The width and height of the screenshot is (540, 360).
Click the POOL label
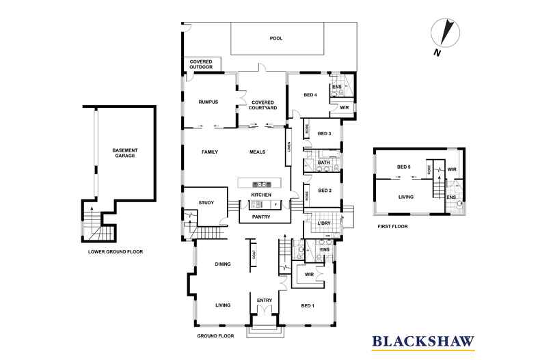pos(276,39)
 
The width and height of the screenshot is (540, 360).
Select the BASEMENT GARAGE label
pos(125,153)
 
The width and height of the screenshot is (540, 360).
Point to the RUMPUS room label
pos(208,102)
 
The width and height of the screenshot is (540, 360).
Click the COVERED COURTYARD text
pos(262,105)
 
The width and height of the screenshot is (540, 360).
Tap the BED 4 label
pos(310,95)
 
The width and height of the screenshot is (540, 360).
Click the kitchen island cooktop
pos(260,184)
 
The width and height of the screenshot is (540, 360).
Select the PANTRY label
pos(260,217)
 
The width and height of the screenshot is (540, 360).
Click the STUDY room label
pos(206,203)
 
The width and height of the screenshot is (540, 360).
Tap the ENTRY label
pos(264,300)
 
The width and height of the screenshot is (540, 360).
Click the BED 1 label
pos(308,305)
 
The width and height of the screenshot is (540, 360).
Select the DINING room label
pos(223,264)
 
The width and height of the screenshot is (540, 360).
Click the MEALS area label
pos(257,152)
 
